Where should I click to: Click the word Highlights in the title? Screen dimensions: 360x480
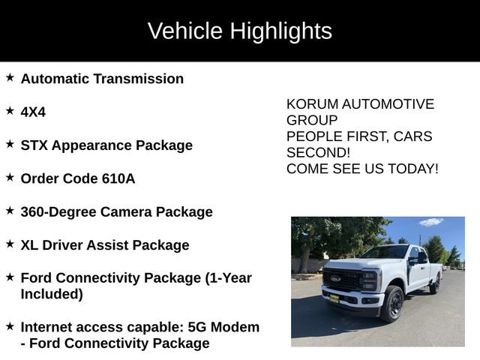coord(280,31)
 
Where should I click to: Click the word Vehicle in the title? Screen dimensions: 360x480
coord(185,31)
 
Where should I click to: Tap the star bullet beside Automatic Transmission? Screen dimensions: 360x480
coord(10,77)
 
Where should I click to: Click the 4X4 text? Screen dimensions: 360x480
coord(33,112)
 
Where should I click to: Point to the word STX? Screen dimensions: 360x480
coord(35,145)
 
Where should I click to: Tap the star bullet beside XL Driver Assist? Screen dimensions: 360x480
coord(10,244)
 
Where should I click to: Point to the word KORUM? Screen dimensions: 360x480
coord(308,104)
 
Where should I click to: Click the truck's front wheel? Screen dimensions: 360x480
coord(391,304)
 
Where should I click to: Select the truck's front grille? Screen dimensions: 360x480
coord(342,280)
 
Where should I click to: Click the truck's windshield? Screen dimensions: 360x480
coord(383,253)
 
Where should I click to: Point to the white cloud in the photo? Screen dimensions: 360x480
coord(431,222)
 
